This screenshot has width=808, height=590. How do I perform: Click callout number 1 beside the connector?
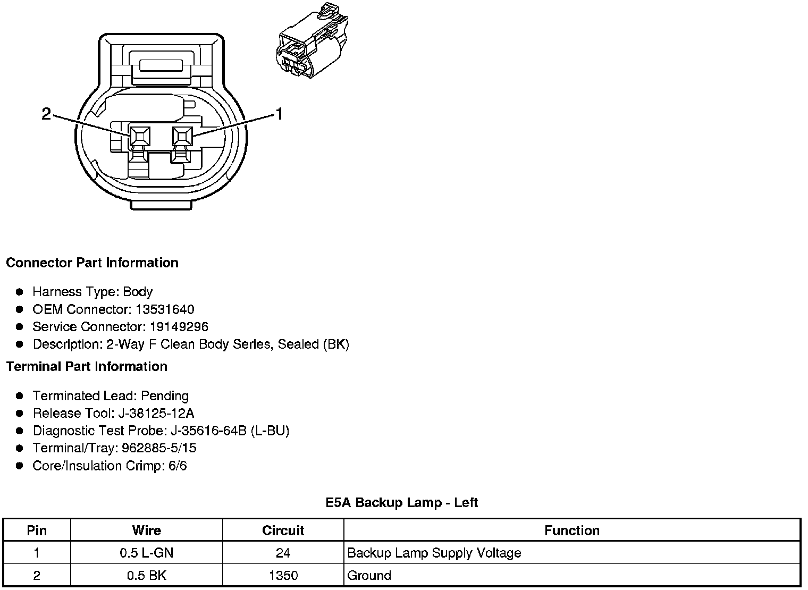(x=278, y=114)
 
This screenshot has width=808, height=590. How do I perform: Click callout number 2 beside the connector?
(x=46, y=114)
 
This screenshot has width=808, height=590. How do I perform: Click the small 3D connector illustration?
(x=311, y=41)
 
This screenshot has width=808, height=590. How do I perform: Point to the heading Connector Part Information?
(x=92, y=263)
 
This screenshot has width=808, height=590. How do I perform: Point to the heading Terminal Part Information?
(x=87, y=367)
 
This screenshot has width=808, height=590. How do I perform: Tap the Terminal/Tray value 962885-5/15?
(x=159, y=448)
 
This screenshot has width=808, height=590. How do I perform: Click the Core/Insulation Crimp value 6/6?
(x=178, y=466)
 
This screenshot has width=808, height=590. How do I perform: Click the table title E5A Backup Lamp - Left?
(x=402, y=503)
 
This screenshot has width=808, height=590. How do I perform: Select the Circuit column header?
(x=283, y=530)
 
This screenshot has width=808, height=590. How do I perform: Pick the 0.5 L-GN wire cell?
(x=146, y=553)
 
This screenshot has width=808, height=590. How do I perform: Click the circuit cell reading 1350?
(x=283, y=575)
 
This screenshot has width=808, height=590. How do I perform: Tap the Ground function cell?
(x=369, y=575)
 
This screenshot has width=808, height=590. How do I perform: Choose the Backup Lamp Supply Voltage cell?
(x=434, y=553)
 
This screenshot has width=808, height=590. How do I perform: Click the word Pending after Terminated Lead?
(x=165, y=396)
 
